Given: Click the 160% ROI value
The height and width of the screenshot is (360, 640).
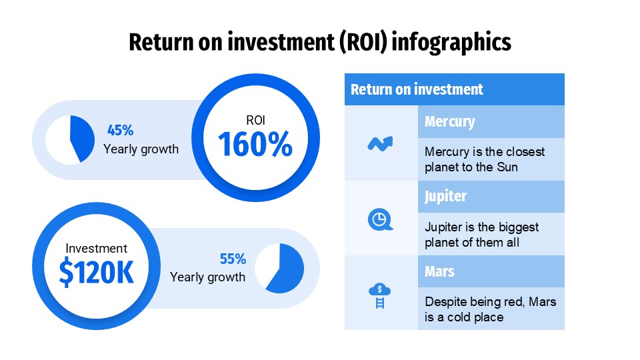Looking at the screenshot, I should [255, 145].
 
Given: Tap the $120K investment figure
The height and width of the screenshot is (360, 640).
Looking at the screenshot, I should [97, 271].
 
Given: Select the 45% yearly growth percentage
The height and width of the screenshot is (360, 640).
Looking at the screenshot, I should [121, 131].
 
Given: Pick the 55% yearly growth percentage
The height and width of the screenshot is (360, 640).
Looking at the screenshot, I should [233, 259].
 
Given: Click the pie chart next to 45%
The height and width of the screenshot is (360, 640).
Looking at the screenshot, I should [71, 139].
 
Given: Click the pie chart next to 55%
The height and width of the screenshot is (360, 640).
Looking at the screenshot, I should [279, 268].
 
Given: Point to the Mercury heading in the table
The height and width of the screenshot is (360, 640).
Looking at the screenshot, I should [449, 122].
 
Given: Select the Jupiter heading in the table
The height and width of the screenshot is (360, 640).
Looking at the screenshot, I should [445, 197].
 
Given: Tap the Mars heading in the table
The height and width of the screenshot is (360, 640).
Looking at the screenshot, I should [439, 271].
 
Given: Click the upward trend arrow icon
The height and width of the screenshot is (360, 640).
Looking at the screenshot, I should [380, 143].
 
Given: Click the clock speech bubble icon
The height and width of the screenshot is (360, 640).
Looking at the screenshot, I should [380, 219].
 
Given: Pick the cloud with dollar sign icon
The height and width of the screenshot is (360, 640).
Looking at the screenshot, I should [380, 294].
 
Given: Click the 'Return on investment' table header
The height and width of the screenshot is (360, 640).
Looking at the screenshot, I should [417, 89].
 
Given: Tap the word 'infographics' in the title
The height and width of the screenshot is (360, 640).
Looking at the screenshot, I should [451, 42].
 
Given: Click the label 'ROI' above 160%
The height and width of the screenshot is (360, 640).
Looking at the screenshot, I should [255, 121].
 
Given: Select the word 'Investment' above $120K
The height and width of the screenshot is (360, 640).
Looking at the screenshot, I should [96, 248].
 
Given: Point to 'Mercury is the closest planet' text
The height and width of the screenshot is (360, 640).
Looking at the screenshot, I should [484, 159].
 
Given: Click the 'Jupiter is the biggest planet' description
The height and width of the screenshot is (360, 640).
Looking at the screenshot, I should [481, 235].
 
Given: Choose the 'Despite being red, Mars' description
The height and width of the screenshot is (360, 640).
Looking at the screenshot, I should [490, 309].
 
